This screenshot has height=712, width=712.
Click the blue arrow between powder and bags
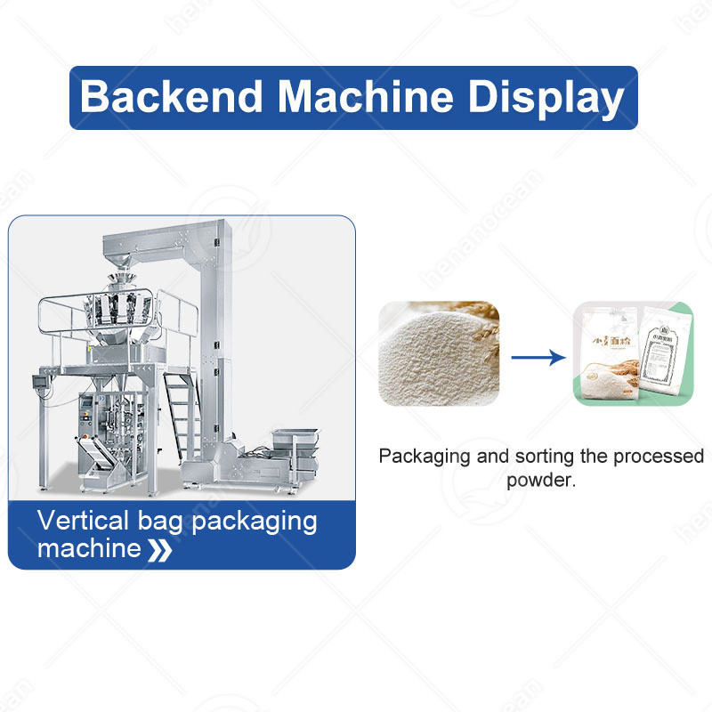coord(538,357)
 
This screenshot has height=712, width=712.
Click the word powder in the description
coord(539,481)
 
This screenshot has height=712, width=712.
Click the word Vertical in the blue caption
coord(85,521)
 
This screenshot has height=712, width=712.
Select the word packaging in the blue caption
coord(255,521)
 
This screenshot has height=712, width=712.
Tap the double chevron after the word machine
coord(160,550)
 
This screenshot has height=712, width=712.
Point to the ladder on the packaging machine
coord(180,409)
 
